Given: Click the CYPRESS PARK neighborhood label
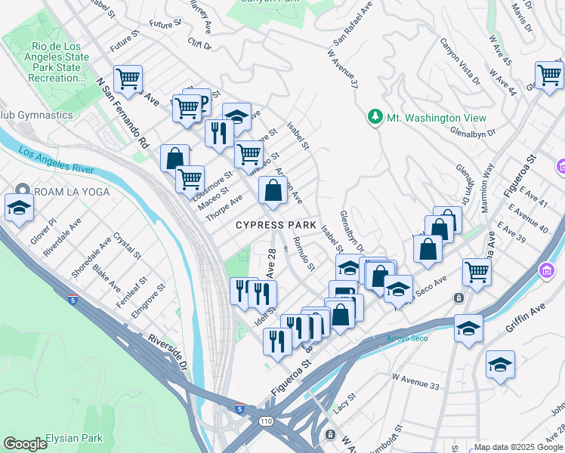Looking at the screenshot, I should point(276,225).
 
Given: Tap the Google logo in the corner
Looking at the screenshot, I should point(25,444).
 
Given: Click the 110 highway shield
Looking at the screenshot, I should point(266,423).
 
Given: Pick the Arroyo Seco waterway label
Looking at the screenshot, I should point(407,337).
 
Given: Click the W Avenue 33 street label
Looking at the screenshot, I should point(415,386).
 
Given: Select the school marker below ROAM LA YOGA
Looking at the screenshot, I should point(19,207).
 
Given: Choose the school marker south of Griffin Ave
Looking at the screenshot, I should point(499,365).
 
